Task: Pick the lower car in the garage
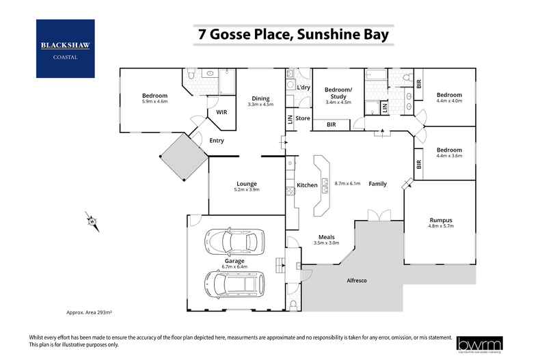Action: click(x=234, y=281)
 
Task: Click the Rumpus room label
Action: click(x=440, y=219)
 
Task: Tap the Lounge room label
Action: click(x=246, y=183)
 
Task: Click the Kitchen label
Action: click(x=307, y=185)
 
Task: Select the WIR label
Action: click(x=221, y=112)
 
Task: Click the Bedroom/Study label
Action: click(x=338, y=93)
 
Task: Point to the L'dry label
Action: click(x=304, y=88)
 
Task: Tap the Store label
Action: click(x=303, y=119)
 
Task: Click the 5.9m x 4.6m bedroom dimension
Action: click(x=154, y=102)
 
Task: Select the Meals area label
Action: click(x=326, y=236)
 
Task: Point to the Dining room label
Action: click(x=260, y=97)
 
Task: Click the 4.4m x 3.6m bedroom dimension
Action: click(x=450, y=156)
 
